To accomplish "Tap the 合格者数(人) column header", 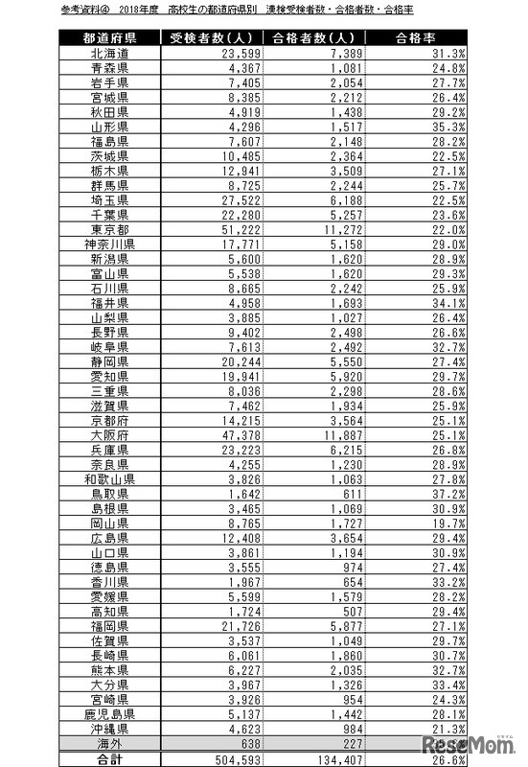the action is tap(310, 39).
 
